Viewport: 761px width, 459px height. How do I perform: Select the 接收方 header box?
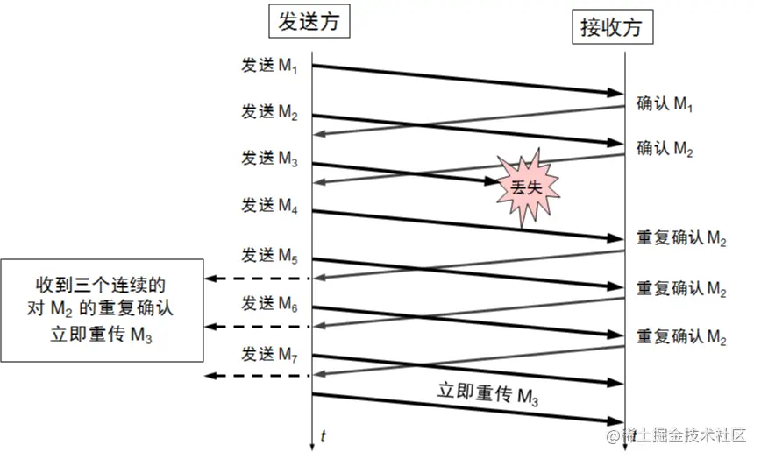(612, 27)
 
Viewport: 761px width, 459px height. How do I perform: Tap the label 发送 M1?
(271, 66)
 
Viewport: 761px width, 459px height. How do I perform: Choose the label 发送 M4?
(271, 207)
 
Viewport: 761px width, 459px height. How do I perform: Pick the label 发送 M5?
(271, 256)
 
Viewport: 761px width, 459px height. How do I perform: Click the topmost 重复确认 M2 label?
(681, 239)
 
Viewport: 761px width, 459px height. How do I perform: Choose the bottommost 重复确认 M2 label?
(681, 336)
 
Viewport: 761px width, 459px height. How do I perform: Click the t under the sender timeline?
(324, 435)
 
